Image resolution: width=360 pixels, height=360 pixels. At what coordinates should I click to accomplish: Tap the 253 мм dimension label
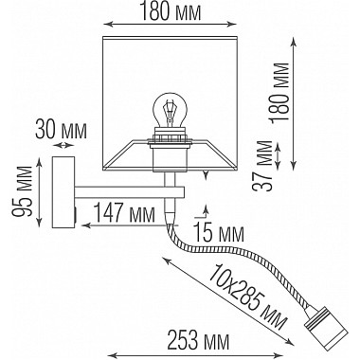tap(198, 341)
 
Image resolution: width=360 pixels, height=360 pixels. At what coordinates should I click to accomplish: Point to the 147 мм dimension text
tap(125, 213)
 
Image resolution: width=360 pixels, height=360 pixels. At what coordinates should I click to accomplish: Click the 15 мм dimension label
tap(219, 233)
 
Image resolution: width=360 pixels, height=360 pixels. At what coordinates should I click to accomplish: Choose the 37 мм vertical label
tap(262, 165)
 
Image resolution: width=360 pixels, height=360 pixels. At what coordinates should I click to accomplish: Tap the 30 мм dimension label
tap(61, 130)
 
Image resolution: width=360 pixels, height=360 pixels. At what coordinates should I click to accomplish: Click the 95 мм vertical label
tap(23, 190)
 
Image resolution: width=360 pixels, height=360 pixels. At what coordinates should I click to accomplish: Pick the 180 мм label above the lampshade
tap(171, 11)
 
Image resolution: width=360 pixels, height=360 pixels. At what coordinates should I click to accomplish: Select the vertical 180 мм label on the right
tap(279, 92)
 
